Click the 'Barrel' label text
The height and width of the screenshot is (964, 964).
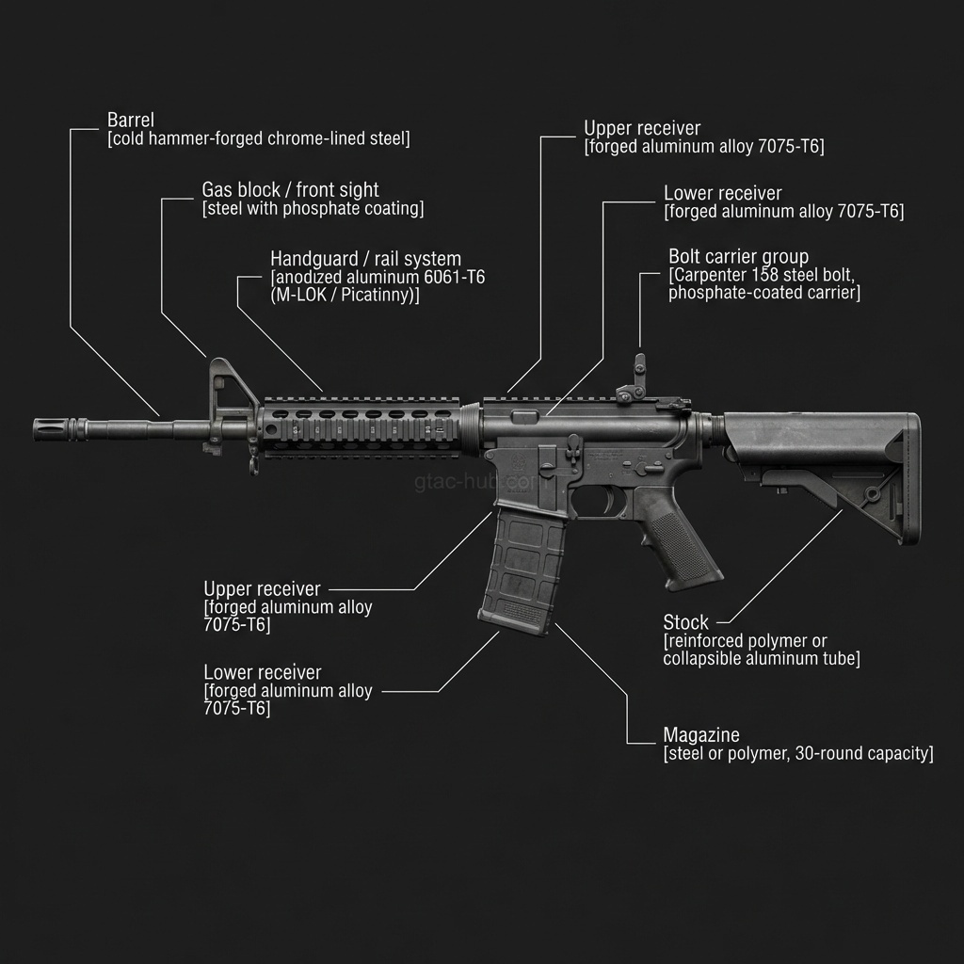click(x=131, y=120)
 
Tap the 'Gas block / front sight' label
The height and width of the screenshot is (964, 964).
click(x=290, y=190)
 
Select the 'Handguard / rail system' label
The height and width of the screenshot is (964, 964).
click(x=365, y=258)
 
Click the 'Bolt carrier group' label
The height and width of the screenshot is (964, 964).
click(x=738, y=256)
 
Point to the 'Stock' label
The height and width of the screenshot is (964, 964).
click(x=685, y=622)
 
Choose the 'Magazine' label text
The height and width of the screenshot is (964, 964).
click(x=701, y=735)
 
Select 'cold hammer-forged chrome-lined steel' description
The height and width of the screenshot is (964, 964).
click(x=259, y=139)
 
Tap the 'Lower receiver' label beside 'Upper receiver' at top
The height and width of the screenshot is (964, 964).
click(x=723, y=194)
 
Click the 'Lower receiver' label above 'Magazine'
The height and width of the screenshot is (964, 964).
click(x=262, y=673)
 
